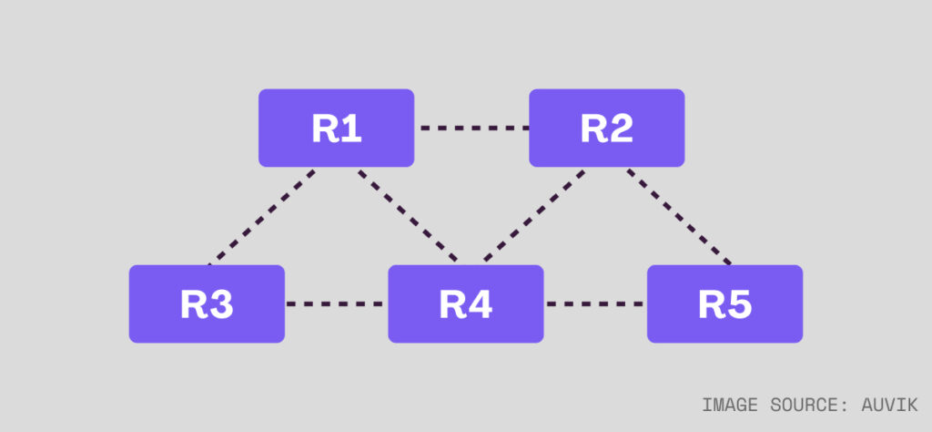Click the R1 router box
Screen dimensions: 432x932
(x=336, y=129)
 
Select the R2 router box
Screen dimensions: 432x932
(x=606, y=129)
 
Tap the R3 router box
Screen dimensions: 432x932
(x=207, y=304)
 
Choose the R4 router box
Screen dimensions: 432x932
(x=466, y=304)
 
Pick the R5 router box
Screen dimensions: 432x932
(x=724, y=304)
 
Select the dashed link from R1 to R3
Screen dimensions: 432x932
(x=261, y=216)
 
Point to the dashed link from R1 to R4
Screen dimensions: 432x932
(x=408, y=216)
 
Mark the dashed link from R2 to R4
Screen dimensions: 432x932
(x=533, y=216)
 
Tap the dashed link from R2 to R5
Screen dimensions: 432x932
(x=679, y=216)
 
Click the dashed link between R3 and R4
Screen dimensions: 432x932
(x=336, y=304)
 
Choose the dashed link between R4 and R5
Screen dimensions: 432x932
(x=595, y=304)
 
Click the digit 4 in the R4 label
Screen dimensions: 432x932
(x=480, y=305)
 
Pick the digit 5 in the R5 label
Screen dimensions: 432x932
(x=739, y=305)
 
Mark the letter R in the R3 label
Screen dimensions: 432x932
(x=194, y=305)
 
